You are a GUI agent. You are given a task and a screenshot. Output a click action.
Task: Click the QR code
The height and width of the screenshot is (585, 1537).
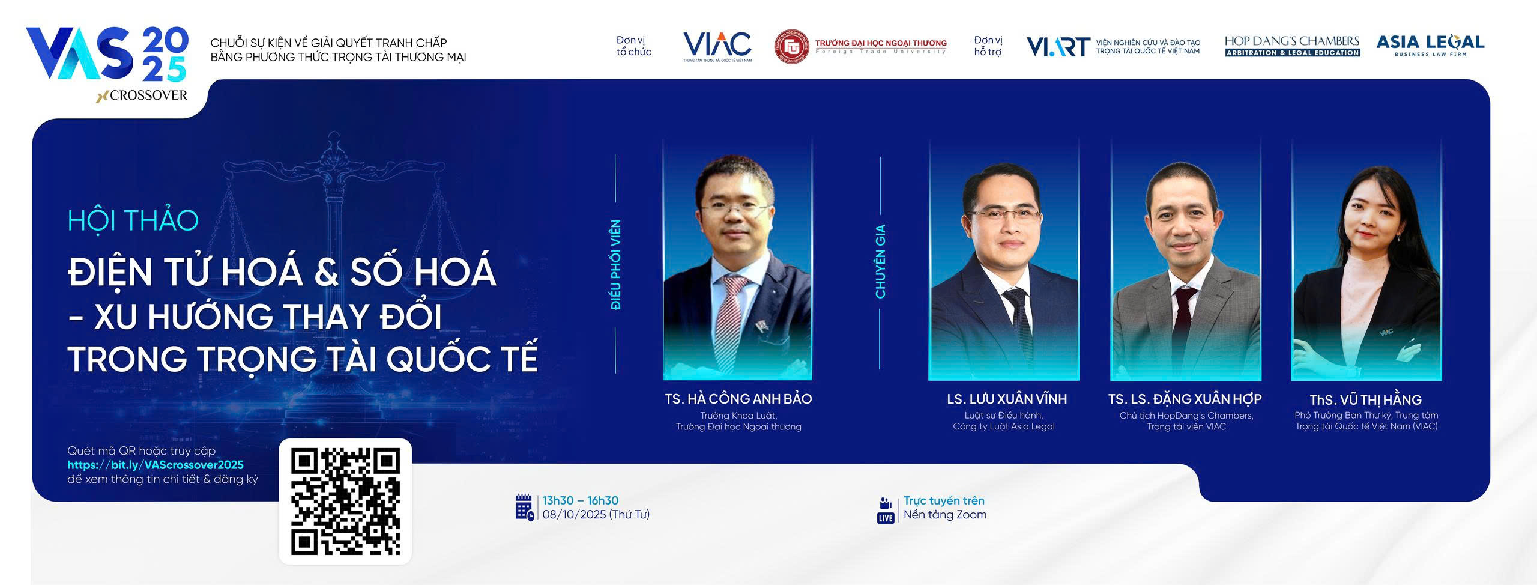point(345,502)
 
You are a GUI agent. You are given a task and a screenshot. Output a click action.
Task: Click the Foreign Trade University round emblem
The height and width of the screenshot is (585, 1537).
point(791,47)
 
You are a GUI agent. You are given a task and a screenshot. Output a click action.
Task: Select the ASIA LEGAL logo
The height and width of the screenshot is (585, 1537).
point(1430,46)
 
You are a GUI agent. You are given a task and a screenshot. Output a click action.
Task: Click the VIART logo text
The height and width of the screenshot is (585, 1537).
point(1058,47)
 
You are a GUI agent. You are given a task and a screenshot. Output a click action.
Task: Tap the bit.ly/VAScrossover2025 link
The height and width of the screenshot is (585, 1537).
point(156,465)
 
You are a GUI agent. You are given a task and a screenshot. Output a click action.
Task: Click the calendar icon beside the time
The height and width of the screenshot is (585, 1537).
point(524,508)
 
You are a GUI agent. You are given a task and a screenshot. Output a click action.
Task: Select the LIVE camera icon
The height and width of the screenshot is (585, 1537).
point(886,510)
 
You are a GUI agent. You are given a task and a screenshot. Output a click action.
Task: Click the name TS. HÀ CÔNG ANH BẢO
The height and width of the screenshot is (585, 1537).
point(738,399)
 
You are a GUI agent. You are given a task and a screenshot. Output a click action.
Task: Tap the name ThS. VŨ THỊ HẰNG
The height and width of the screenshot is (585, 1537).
point(1365,400)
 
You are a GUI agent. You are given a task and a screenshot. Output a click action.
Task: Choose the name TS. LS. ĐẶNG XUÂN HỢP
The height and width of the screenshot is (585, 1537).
point(1185,399)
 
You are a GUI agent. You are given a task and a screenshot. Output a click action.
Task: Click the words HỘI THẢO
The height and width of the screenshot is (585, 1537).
point(133,220)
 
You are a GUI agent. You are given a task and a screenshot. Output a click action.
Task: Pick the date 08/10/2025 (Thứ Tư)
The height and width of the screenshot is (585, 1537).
point(596,515)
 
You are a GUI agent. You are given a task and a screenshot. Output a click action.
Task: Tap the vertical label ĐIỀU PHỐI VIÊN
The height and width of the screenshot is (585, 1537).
point(615,265)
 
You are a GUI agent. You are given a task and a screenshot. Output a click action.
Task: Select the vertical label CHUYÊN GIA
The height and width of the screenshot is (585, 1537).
point(880,262)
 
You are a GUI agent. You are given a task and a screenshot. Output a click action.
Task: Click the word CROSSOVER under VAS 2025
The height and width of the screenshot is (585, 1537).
point(148,95)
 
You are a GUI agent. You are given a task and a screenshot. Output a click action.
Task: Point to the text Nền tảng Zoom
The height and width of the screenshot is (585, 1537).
point(945,515)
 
